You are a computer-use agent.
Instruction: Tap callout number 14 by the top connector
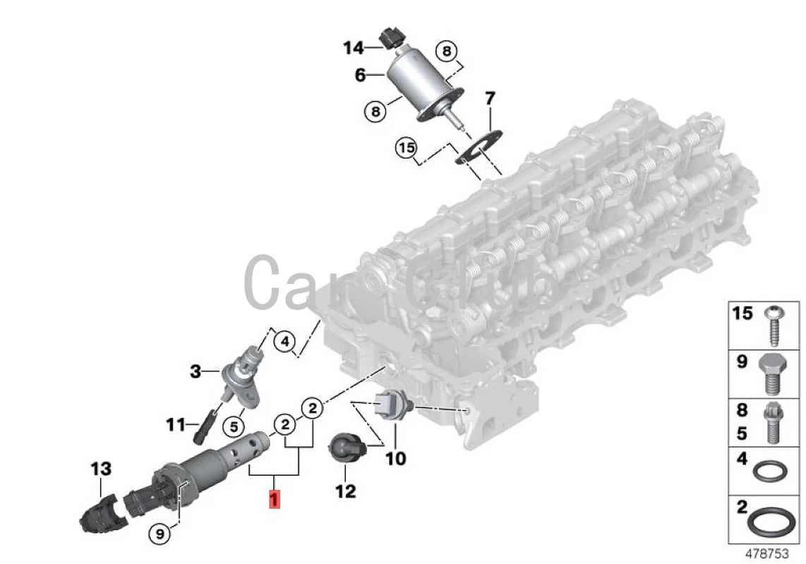(354, 48)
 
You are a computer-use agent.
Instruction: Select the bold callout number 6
(361, 75)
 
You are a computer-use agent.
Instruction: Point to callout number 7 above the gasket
(490, 98)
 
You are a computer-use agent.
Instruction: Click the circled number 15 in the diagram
(404, 149)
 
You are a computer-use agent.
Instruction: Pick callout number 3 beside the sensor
(196, 371)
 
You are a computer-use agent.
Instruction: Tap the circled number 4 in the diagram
(284, 343)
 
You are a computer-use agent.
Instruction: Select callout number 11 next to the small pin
(175, 425)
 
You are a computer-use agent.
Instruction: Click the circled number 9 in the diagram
(161, 534)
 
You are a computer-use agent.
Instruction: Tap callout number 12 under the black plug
(345, 491)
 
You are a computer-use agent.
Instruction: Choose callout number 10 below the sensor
(395, 458)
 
